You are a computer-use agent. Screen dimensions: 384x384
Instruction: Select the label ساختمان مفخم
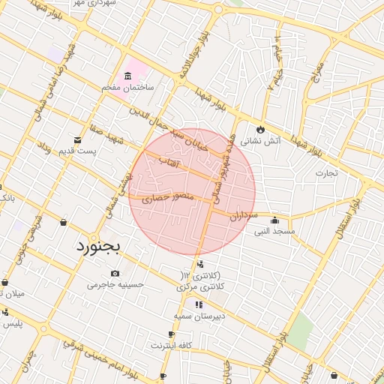pyautogui.click(x=128, y=88)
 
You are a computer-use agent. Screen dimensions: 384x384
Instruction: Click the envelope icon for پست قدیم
pyautogui.click(x=77, y=139)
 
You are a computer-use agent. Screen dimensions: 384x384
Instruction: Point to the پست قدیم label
pyautogui.click(x=78, y=151)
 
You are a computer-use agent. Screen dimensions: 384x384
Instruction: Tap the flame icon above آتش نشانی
pyautogui.click(x=261, y=127)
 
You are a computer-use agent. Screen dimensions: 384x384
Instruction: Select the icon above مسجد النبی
pyautogui.click(x=275, y=220)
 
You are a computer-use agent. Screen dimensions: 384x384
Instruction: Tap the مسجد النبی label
pyautogui.click(x=274, y=232)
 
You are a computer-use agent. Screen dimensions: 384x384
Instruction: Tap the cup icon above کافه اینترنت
pyautogui.click(x=172, y=334)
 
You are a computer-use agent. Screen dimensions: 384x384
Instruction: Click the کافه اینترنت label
pyautogui.click(x=172, y=346)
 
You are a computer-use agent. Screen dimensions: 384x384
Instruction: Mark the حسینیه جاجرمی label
pyautogui.click(x=115, y=284)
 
